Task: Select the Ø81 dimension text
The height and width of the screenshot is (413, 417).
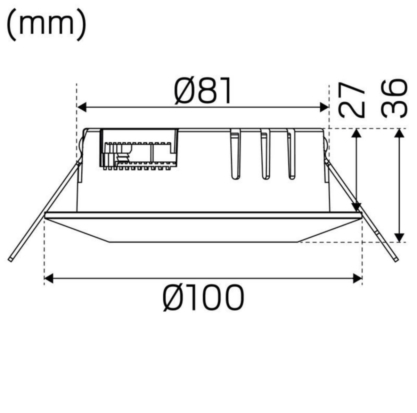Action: pos(203,91)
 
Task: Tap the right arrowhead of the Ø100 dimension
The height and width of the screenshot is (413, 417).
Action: pos(358,278)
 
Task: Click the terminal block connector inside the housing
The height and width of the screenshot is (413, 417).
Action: pos(139,149)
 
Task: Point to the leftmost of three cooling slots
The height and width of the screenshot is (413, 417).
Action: pos(235,154)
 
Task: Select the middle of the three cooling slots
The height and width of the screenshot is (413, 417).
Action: pos(265,154)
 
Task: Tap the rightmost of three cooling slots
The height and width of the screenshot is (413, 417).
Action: pos(291,154)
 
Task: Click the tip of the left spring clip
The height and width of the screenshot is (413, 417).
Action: pos(11,259)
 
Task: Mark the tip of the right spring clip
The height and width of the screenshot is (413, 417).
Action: pos(396,260)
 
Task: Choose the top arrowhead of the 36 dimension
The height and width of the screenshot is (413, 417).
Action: pos(400,133)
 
